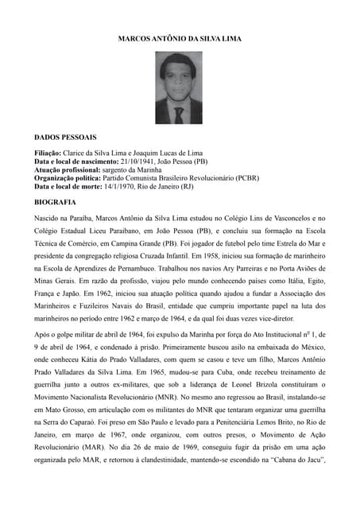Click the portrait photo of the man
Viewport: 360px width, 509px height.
coord(180,88)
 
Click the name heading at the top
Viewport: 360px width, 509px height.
coord(180,38)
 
